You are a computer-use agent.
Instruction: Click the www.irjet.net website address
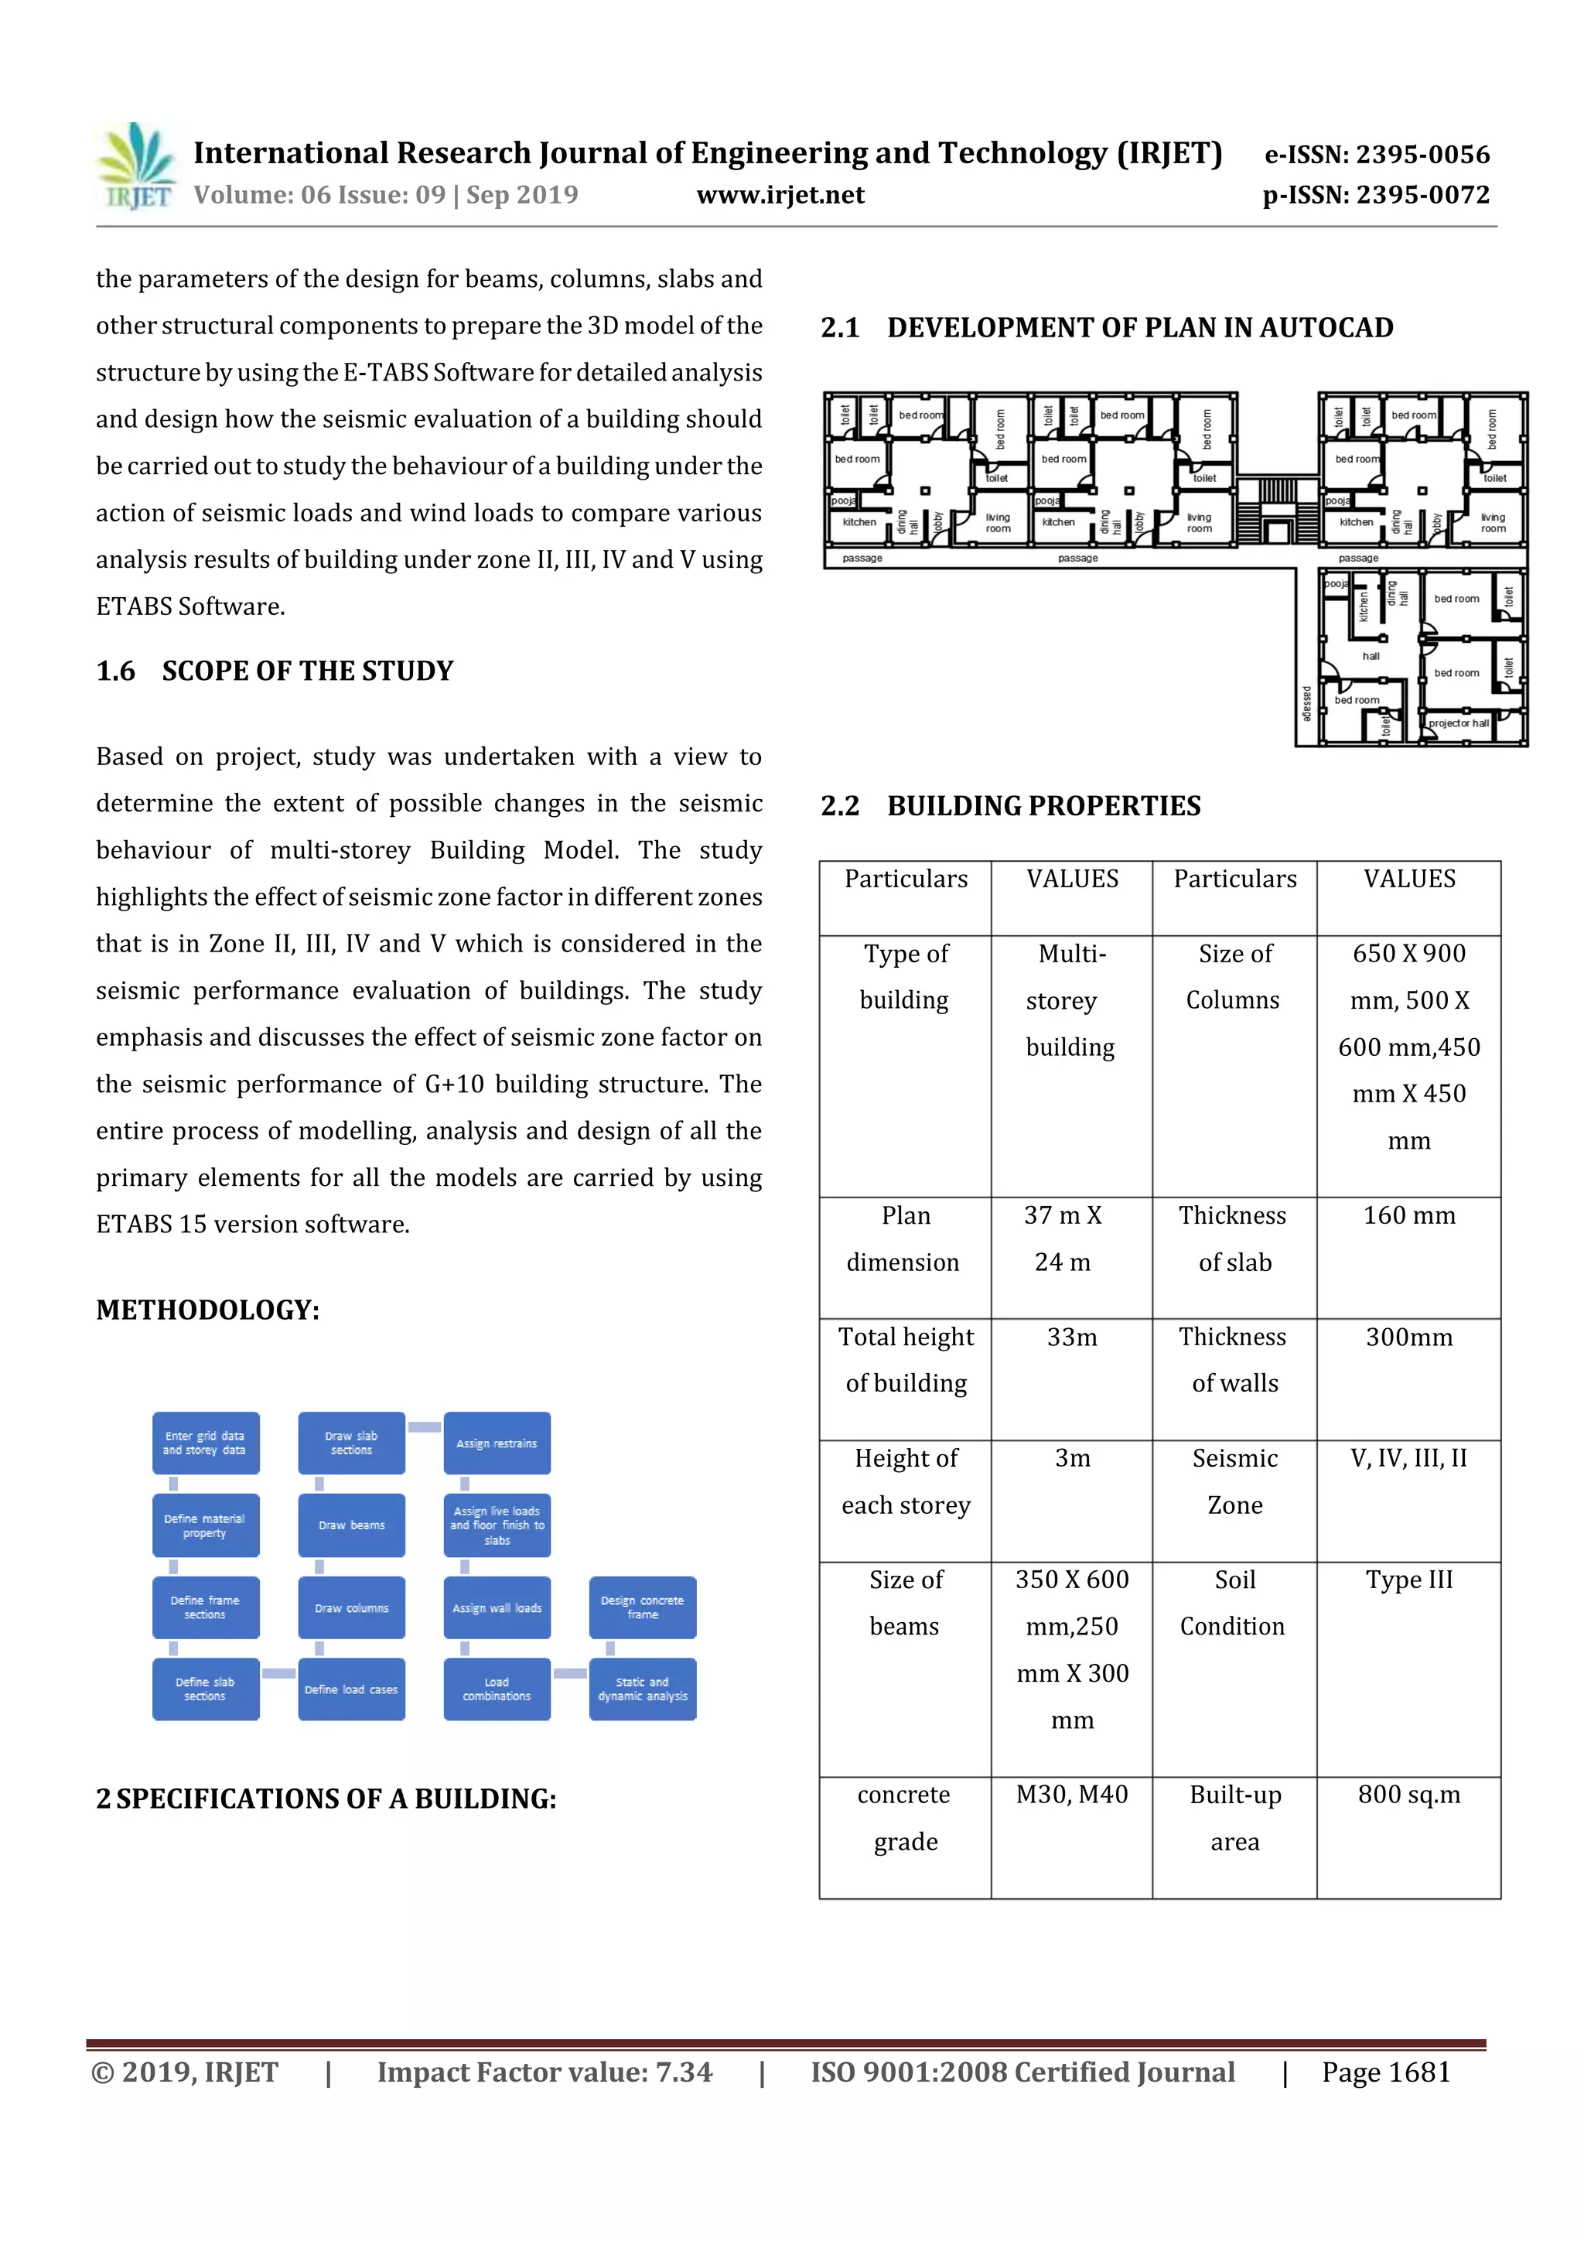coord(780,195)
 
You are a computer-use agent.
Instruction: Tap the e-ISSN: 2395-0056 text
coord(1377,154)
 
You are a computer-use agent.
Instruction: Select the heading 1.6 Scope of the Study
coord(275,671)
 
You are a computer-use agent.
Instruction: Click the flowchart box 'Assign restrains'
coord(497,1443)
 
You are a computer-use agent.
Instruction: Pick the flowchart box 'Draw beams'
coord(351,1525)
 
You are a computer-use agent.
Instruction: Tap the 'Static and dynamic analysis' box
coord(642,1689)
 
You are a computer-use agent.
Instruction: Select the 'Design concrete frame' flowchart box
coord(642,1607)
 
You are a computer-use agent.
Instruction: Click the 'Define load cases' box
coord(351,1689)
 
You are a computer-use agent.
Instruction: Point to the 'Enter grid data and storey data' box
coord(205,1443)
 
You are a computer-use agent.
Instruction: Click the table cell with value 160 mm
coord(1408,1216)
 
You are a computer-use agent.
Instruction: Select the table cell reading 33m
coord(1072,1337)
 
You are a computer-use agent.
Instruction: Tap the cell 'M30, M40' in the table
coord(1072,1794)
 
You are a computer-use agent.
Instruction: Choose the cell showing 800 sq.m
coord(1408,1794)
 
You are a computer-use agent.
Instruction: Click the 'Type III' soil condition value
coord(1408,1580)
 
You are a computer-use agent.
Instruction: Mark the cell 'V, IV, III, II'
coord(1408,1458)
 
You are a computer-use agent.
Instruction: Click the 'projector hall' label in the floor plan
coord(1458,723)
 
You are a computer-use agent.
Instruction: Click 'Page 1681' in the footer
coord(1386,2072)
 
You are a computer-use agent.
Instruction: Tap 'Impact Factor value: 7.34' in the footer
coord(544,2072)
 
